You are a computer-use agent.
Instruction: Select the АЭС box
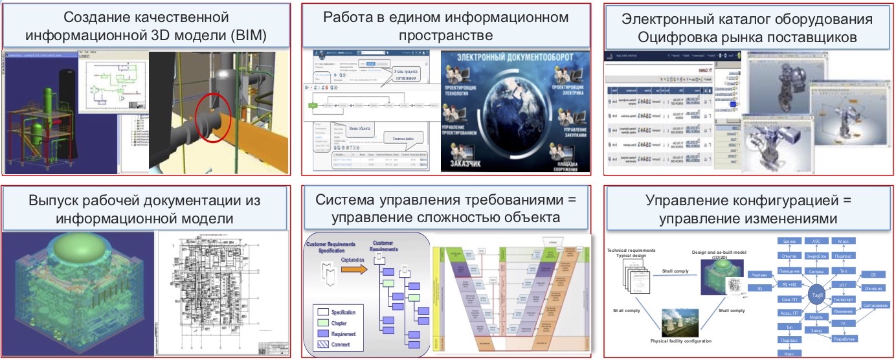[x=816, y=240]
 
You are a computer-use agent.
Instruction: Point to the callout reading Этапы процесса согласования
[x=405, y=74]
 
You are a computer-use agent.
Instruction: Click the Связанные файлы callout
[x=404, y=137]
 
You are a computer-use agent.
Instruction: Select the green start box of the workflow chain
[x=314, y=104]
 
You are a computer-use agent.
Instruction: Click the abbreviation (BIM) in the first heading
[x=247, y=34]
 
